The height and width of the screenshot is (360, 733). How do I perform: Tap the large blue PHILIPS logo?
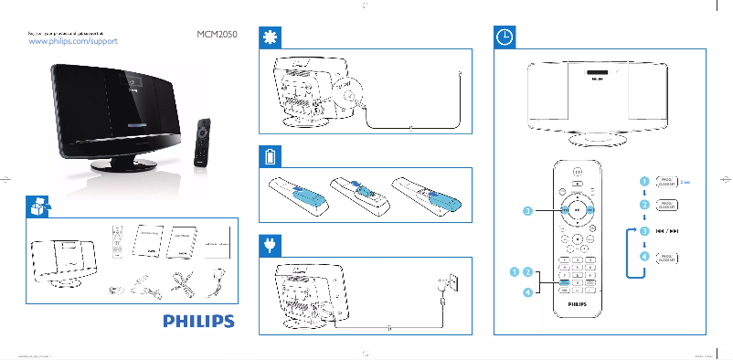click(x=198, y=321)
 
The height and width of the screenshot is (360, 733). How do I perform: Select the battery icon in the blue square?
click(x=270, y=156)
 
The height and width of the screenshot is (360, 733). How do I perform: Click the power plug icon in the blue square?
click(x=270, y=244)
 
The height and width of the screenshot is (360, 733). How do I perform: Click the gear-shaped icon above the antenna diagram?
click(x=270, y=37)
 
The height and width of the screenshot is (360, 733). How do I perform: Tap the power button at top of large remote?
click(x=577, y=171)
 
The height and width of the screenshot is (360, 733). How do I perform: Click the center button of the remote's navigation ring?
click(x=577, y=208)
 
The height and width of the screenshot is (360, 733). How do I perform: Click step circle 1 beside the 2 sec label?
click(x=644, y=181)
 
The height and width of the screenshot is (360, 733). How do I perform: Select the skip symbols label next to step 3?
click(x=667, y=232)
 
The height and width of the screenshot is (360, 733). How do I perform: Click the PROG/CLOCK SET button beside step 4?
click(x=667, y=258)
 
